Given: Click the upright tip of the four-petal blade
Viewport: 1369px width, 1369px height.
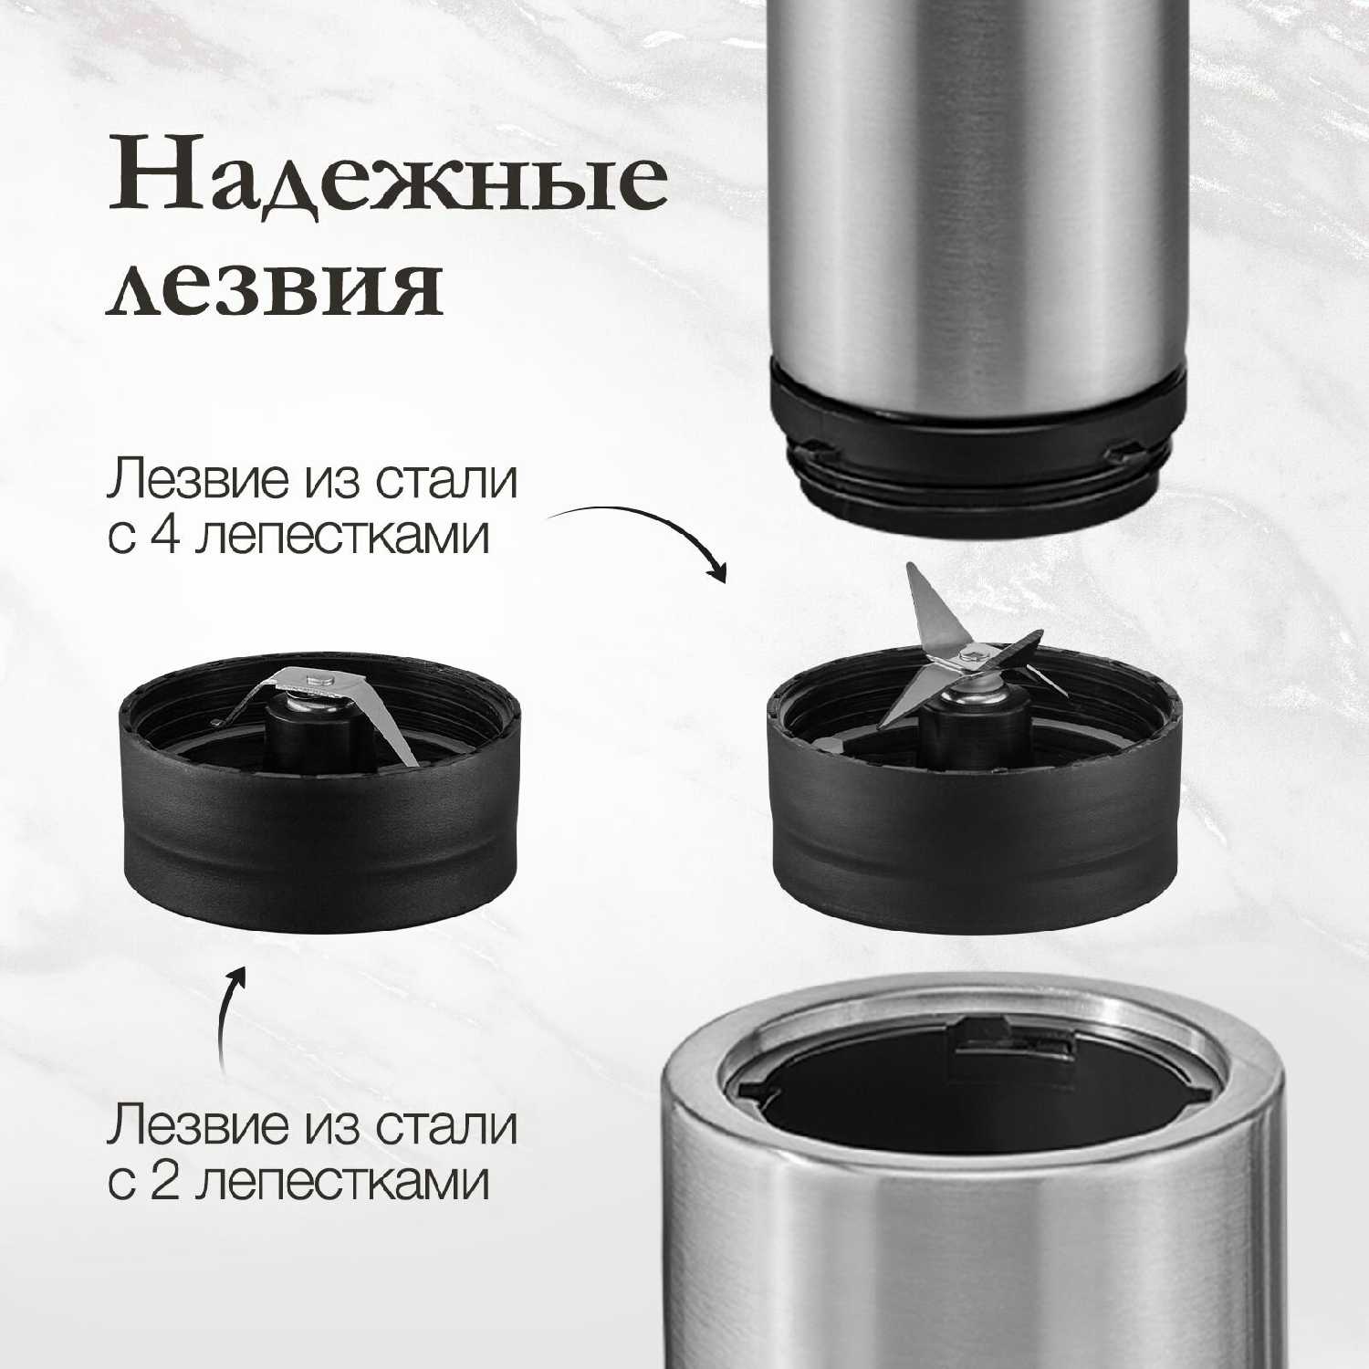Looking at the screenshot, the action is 910,570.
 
